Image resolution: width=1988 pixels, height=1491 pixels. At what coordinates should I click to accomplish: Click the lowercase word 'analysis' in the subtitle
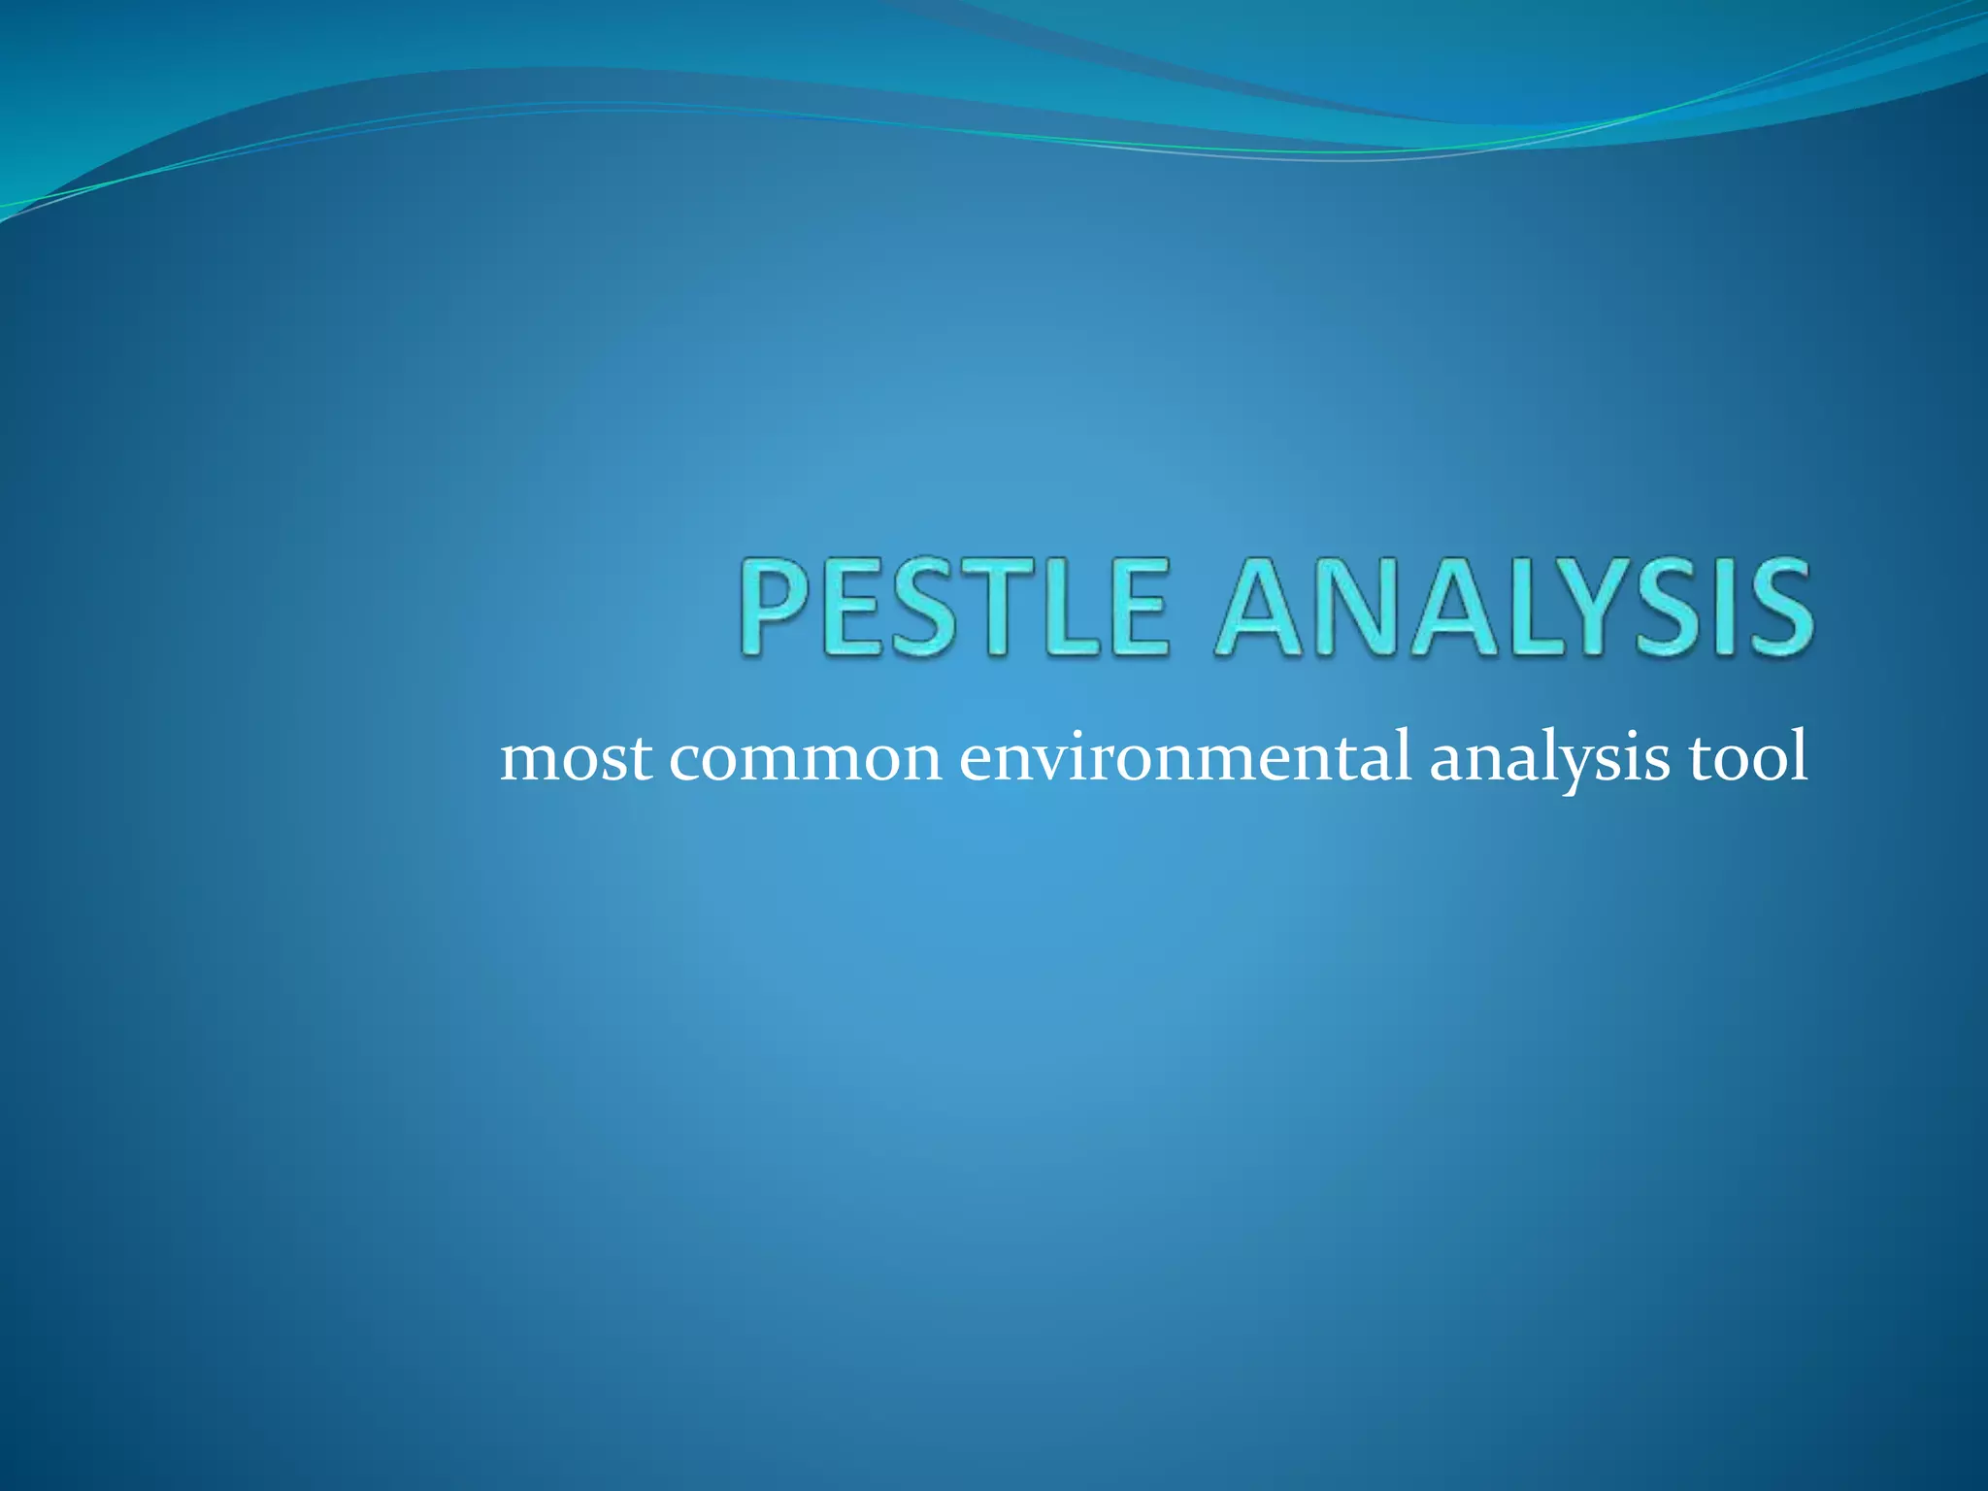pos(1549,761)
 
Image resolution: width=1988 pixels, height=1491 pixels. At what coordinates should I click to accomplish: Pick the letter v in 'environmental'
pos(1050,761)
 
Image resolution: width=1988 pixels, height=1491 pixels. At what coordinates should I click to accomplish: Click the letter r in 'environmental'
pos(1097,761)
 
